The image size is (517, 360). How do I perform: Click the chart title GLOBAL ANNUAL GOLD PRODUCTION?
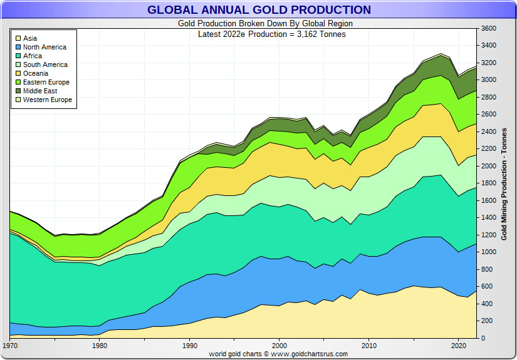click(x=259, y=10)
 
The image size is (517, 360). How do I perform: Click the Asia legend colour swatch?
click(x=19, y=38)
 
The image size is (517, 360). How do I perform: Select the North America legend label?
click(x=44, y=47)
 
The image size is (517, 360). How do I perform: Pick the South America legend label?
click(x=45, y=64)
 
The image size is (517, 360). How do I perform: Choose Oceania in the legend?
click(x=36, y=73)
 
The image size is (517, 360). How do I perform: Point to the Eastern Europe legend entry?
click(x=46, y=82)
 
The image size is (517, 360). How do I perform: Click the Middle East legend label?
click(x=40, y=91)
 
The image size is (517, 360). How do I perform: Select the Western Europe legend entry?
click(x=48, y=100)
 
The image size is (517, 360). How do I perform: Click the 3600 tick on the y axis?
click(x=489, y=28)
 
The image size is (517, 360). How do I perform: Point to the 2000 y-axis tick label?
click(x=489, y=166)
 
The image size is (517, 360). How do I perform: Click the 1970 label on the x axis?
click(x=10, y=345)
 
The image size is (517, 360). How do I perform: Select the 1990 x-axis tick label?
click(x=190, y=345)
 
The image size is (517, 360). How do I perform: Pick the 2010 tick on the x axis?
click(x=369, y=345)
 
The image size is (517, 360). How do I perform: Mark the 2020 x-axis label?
click(x=459, y=345)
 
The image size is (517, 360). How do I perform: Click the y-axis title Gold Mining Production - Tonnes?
click(x=504, y=183)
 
